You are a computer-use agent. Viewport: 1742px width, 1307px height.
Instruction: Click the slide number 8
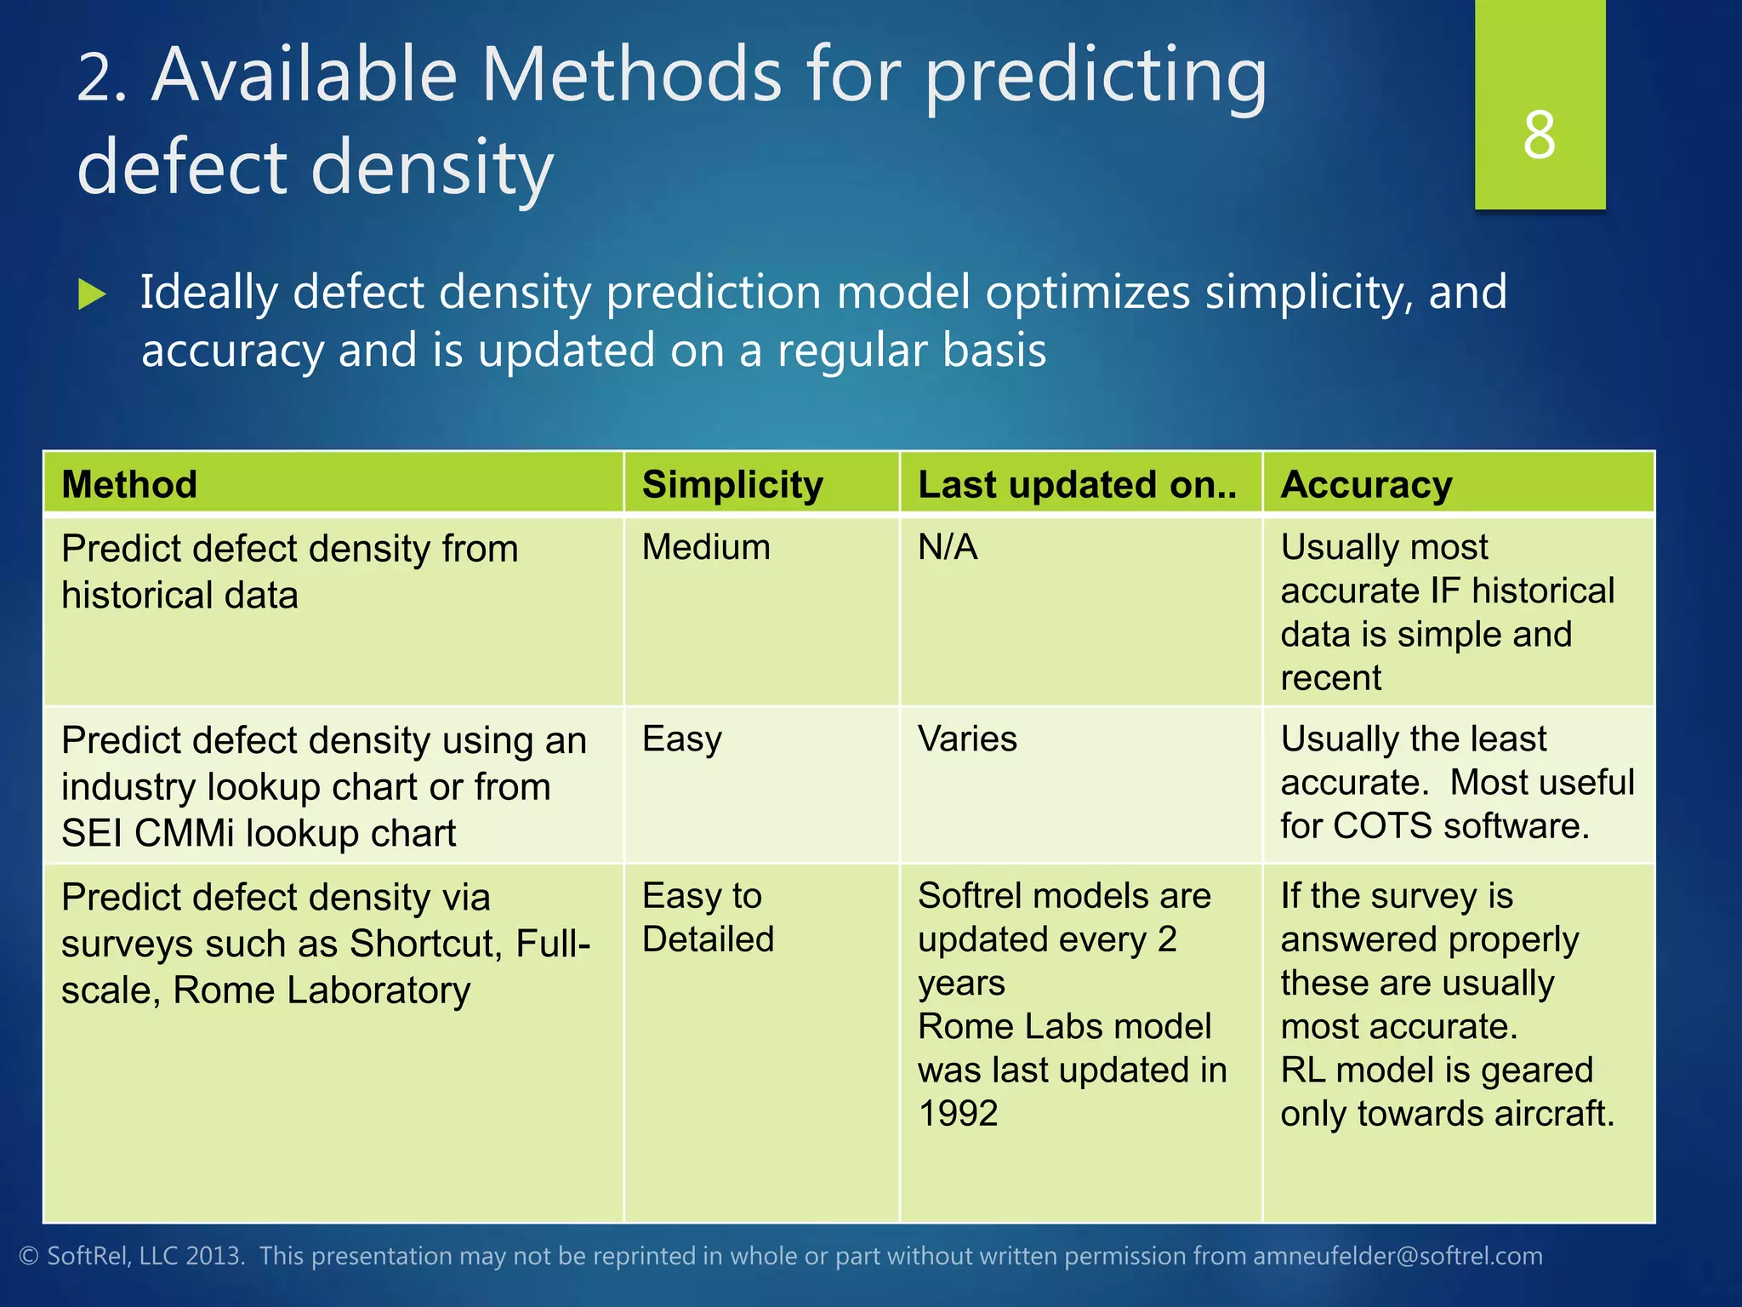[1539, 136]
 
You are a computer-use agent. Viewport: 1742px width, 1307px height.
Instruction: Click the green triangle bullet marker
[92, 294]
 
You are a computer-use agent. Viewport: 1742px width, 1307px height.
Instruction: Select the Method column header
[129, 484]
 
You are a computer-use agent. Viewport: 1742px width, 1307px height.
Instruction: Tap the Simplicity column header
[732, 484]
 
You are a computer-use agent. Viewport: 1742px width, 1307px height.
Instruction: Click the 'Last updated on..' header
[1077, 484]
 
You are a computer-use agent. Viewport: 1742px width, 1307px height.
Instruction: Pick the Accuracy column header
[1366, 484]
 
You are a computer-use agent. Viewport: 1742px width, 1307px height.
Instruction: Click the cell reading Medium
[706, 547]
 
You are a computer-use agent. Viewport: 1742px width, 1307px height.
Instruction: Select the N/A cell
[948, 547]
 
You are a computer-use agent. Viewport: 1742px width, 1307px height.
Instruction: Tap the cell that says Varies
[967, 739]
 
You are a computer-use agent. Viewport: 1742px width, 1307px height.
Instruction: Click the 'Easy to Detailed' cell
[708, 917]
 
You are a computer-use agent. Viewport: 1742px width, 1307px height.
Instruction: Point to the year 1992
[958, 1114]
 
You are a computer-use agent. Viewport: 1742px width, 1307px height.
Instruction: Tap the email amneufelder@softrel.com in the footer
[1398, 1256]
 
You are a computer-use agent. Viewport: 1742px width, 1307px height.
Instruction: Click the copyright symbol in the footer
[29, 1257]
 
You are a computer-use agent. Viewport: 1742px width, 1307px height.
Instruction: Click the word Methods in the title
[631, 75]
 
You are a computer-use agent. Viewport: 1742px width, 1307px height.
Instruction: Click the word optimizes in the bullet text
[1089, 293]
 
